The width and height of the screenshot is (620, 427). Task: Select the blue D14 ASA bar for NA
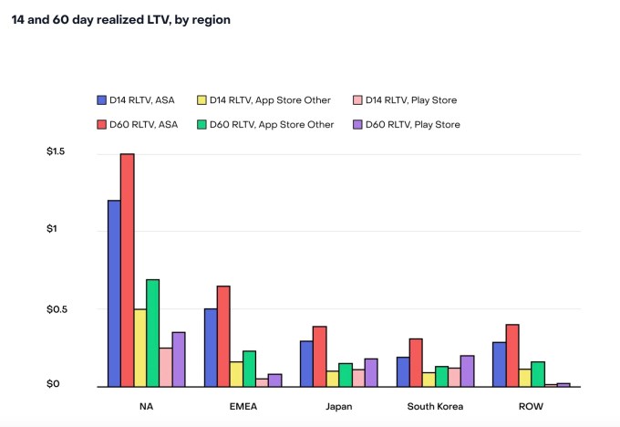click(114, 293)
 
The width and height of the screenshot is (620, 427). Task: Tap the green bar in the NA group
click(152, 333)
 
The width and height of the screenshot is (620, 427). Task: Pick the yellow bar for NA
click(139, 348)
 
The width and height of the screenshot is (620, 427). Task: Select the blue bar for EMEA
click(211, 348)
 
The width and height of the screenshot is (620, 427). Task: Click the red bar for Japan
click(319, 357)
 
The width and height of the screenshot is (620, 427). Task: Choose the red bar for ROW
click(511, 356)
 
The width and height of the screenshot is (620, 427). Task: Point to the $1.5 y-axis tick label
click(57, 151)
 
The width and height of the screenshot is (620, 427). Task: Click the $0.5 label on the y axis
click(57, 308)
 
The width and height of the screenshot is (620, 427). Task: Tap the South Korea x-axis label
click(435, 406)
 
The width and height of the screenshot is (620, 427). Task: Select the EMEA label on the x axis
click(243, 406)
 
